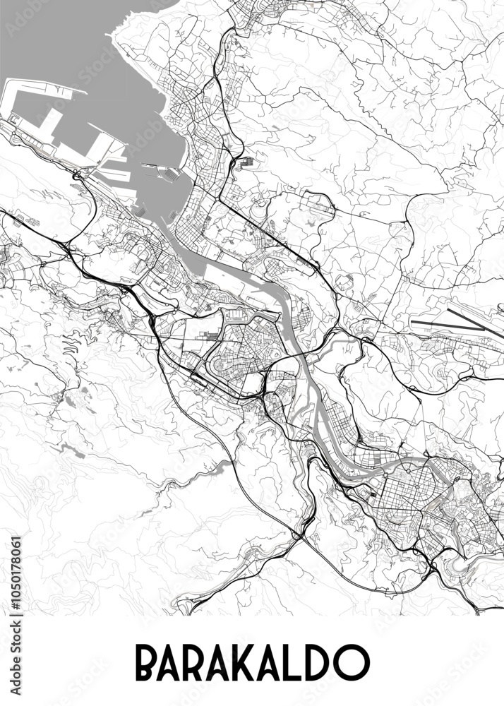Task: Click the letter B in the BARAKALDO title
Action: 148,662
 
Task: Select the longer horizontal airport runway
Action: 445,326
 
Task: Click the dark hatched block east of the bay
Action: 246,163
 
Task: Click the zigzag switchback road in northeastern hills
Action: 367,106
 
